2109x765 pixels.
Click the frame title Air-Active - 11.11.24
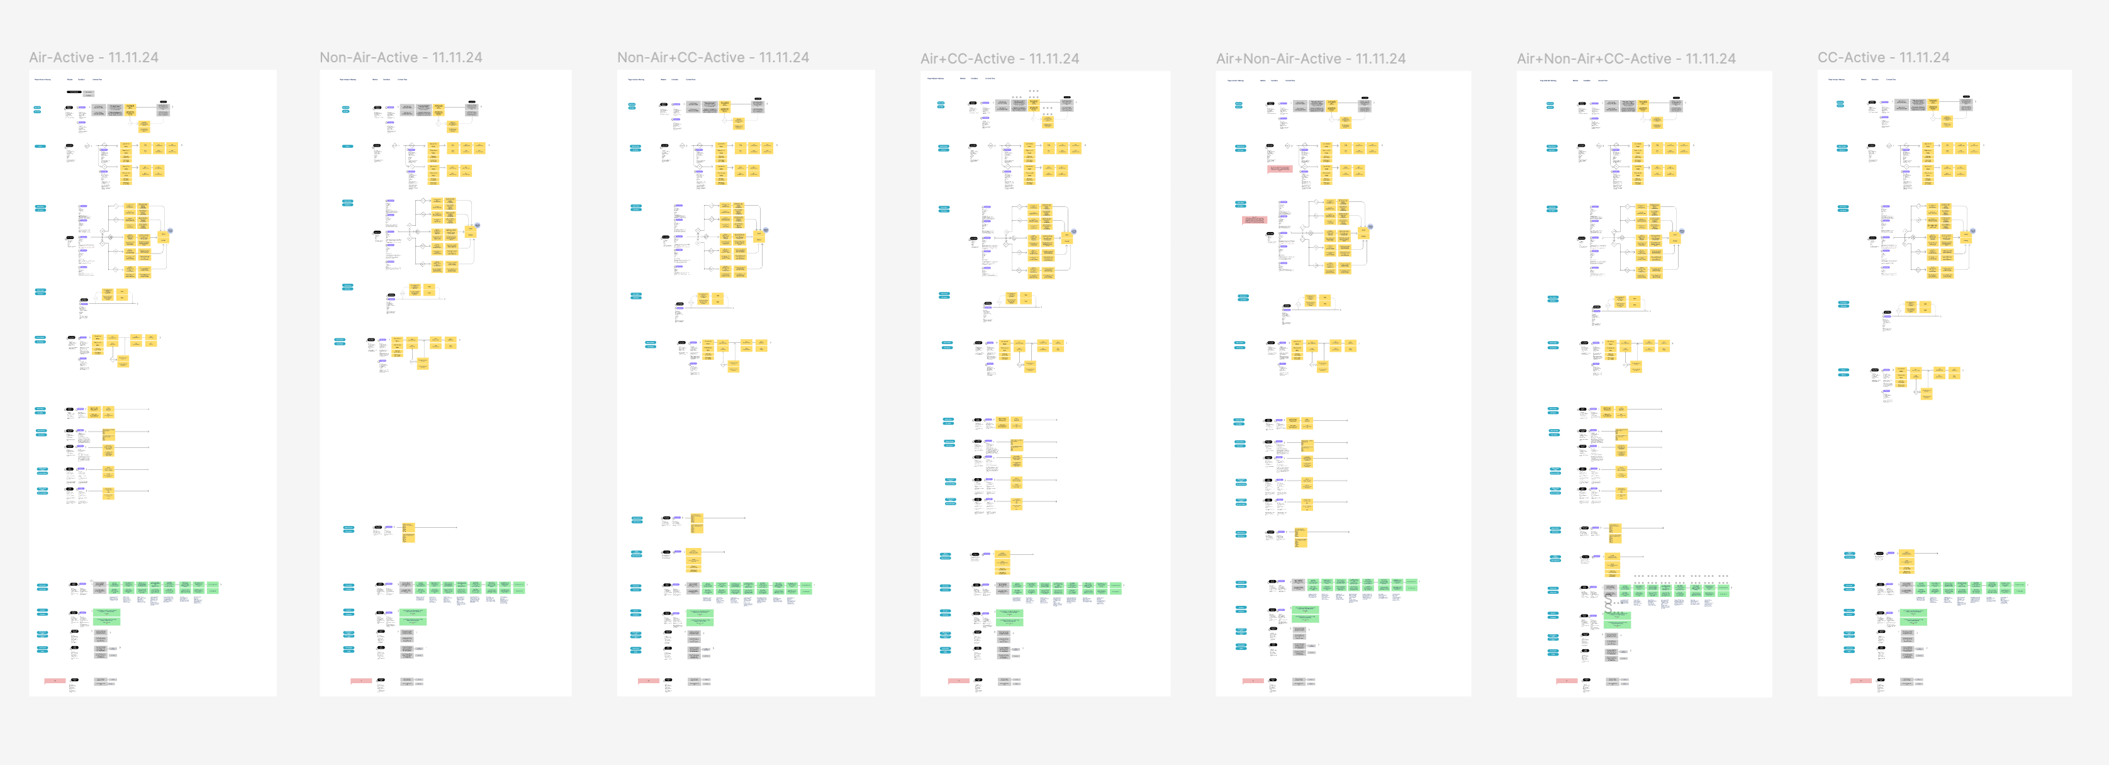pyautogui.click(x=93, y=57)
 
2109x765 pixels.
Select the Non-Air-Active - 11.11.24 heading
pyautogui.click(x=400, y=57)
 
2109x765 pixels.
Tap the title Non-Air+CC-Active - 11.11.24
pyautogui.click(x=712, y=57)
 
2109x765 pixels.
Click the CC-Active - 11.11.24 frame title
pyautogui.click(x=1883, y=57)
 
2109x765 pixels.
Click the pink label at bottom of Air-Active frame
pyautogui.click(x=55, y=681)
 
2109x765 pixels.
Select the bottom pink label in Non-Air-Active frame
pyautogui.click(x=361, y=681)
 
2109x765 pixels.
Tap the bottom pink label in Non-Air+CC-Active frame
pyautogui.click(x=649, y=681)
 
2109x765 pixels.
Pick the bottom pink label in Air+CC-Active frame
pyautogui.click(x=959, y=681)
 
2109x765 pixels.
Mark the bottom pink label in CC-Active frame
pyautogui.click(x=1861, y=681)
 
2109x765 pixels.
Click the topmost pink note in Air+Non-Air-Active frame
pyautogui.click(x=1279, y=169)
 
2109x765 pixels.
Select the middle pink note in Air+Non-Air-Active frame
pyautogui.click(x=1255, y=220)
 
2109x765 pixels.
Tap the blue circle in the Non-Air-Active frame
pyautogui.click(x=478, y=225)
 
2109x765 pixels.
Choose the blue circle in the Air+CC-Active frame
pyautogui.click(x=1073, y=231)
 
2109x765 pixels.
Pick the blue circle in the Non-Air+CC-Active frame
pyautogui.click(x=766, y=230)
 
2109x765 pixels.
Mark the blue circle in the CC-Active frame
pyautogui.click(x=1972, y=231)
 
